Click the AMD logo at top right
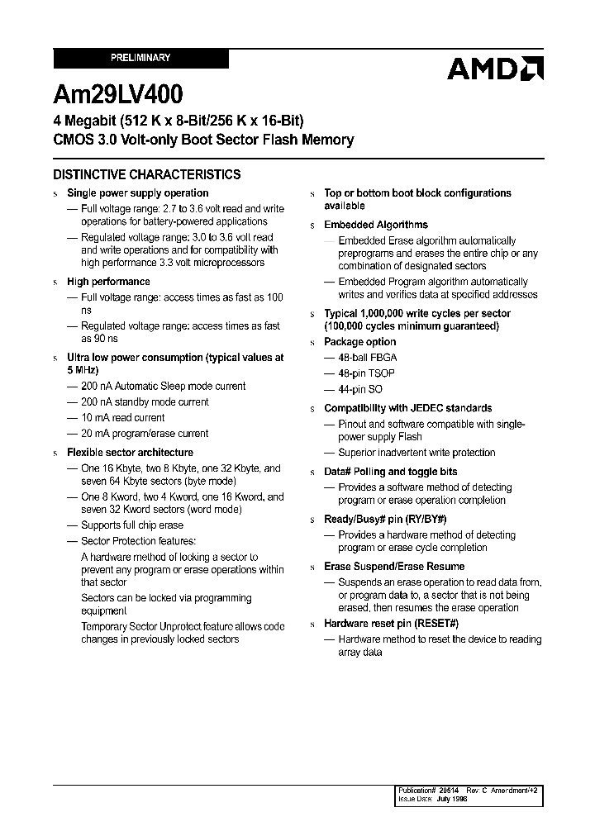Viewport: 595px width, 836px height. point(494,69)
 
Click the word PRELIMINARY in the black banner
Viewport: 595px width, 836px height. point(140,58)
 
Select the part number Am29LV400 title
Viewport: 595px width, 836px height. point(118,95)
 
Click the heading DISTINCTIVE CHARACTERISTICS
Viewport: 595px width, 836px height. point(147,174)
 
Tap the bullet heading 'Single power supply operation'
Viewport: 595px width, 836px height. point(137,193)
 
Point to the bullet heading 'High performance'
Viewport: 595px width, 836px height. point(108,282)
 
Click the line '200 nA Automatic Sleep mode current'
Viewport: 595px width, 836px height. point(163,386)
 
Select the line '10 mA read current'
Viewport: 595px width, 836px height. point(122,418)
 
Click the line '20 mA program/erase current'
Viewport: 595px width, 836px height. point(145,434)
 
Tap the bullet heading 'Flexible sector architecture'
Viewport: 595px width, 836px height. point(130,453)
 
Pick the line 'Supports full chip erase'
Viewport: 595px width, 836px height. point(132,525)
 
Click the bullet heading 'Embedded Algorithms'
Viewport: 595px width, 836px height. point(376,225)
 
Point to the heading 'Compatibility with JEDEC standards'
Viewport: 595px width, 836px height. point(407,408)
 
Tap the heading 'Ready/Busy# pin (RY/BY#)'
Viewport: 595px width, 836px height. point(385,519)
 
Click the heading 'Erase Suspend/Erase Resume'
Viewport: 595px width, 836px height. point(394,567)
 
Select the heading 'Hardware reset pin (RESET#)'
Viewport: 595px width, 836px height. point(391,624)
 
